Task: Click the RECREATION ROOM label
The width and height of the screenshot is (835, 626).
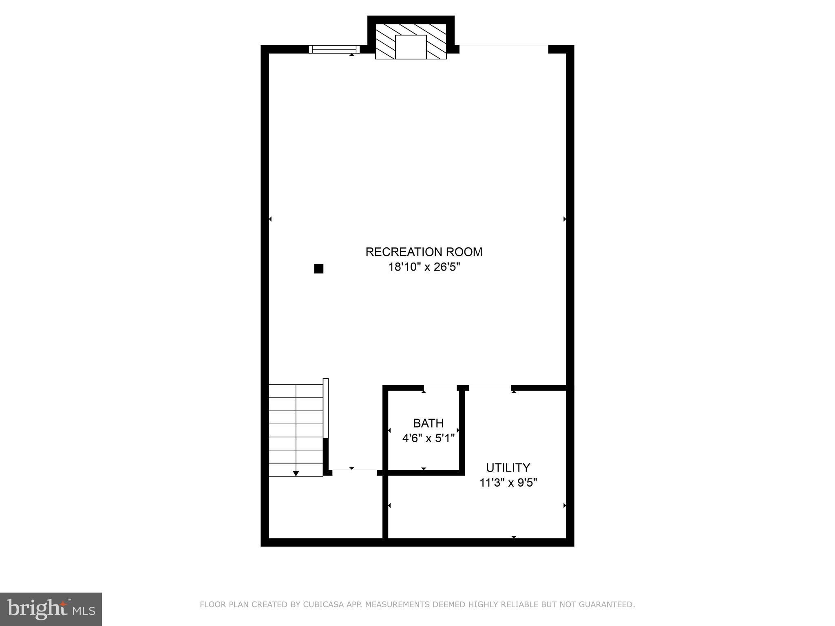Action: tap(424, 252)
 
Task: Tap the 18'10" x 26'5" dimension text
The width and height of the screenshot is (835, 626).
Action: tap(424, 267)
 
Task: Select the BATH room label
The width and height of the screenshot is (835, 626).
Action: tap(428, 423)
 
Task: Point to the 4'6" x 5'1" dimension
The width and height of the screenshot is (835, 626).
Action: tap(428, 439)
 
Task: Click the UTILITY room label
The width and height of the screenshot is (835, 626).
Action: tap(508, 467)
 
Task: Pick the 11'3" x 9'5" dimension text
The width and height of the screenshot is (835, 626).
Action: tap(508, 483)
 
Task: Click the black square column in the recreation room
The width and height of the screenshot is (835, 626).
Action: tap(318, 269)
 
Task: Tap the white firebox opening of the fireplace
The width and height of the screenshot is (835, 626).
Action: tap(411, 47)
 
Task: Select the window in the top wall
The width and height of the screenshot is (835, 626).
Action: tap(334, 49)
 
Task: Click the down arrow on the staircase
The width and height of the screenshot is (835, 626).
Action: tap(296, 473)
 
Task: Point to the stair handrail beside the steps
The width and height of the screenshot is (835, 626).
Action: tap(326, 408)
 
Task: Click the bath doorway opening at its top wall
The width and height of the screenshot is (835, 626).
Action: tap(440, 388)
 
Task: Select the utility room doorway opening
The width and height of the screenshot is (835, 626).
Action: tap(490, 388)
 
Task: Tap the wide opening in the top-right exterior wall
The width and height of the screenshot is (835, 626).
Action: tap(504, 48)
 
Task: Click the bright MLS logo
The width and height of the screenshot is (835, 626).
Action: tap(51, 609)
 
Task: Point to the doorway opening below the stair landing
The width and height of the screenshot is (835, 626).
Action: tap(354, 472)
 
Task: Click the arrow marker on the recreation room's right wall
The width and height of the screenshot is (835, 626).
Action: tap(565, 219)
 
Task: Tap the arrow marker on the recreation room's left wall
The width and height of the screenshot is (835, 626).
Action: tap(270, 219)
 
